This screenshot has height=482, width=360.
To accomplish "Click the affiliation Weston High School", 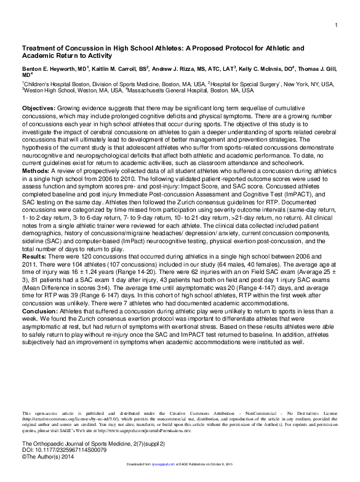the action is click(49, 90).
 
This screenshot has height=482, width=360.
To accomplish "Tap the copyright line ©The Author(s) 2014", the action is click(49, 458).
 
